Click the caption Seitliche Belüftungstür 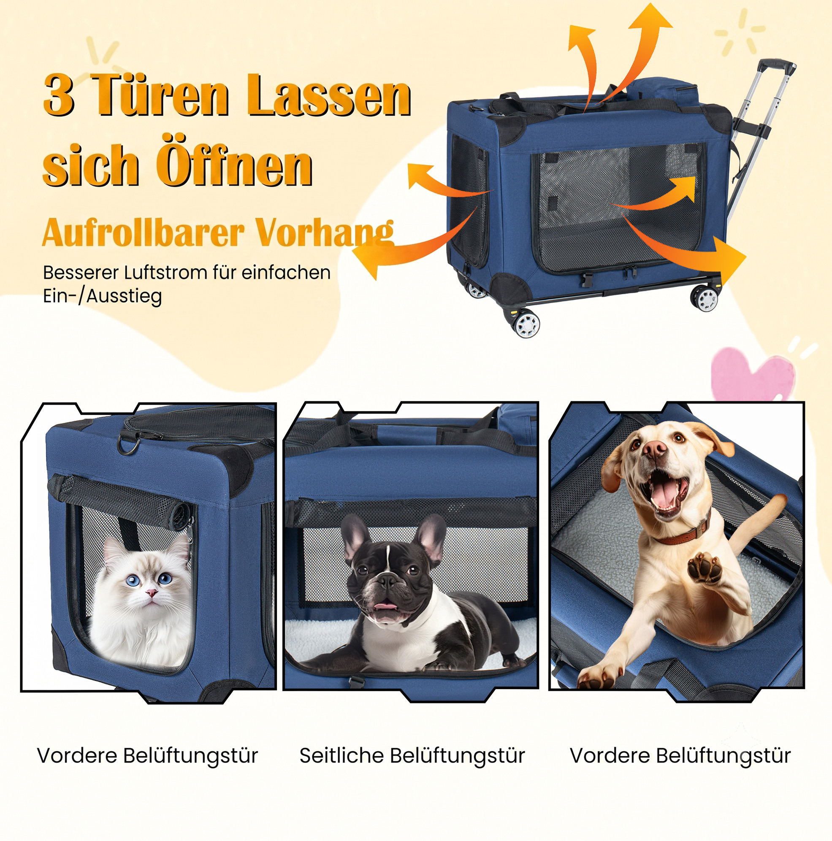pos(412,755)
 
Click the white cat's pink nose pos(151,592)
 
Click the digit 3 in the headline pos(59,95)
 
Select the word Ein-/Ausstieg pos(102,296)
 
